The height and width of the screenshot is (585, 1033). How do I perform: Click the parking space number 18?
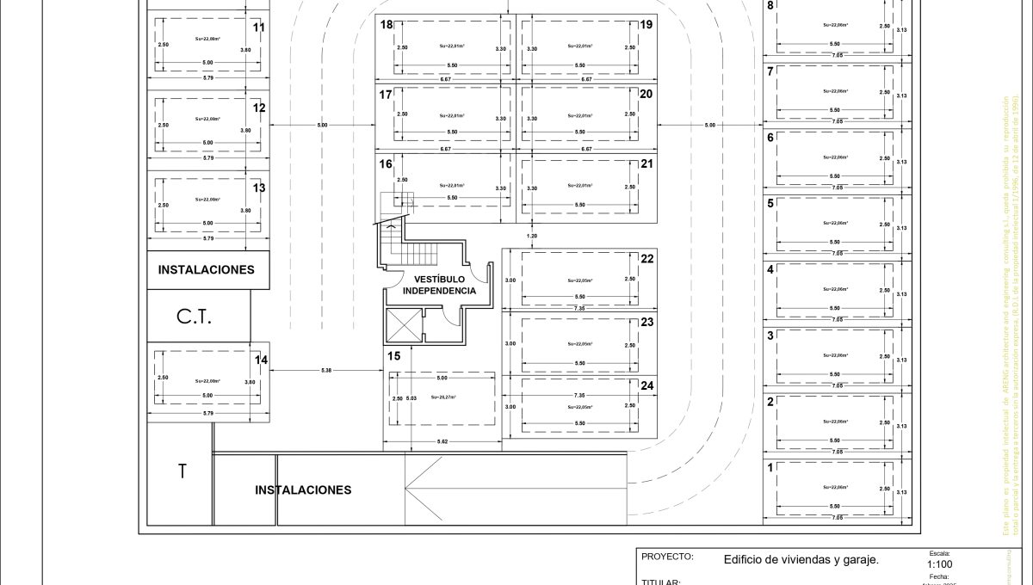(x=387, y=25)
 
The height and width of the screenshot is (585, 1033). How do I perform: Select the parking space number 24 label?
(x=647, y=385)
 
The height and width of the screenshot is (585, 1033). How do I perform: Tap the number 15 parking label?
(x=393, y=355)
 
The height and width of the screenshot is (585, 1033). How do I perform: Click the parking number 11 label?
(x=259, y=28)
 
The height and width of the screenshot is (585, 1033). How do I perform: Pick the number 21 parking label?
(x=646, y=163)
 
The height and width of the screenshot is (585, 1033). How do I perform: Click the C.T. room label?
(x=195, y=317)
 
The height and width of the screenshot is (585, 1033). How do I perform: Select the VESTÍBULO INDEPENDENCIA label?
(x=439, y=285)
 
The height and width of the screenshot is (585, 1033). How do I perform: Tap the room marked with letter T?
(x=182, y=471)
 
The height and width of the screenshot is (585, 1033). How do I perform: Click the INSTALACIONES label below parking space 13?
(x=206, y=269)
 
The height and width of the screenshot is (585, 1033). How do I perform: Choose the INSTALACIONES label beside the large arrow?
(x=303, y=490)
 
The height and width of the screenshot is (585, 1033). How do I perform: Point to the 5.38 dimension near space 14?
(x=326, y=370)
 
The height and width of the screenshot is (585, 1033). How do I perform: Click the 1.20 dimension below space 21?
(x=531, y=235)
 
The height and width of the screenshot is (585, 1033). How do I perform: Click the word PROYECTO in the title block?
(x=666, y=557)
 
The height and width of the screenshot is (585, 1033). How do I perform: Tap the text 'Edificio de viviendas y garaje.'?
(x=801, y=559)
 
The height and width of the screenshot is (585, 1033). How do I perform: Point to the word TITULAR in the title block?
(x=661, y=582)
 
